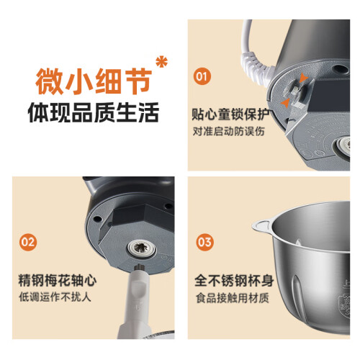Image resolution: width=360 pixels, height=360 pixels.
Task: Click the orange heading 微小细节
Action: (94, 81)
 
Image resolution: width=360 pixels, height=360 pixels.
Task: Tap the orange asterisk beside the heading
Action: (161, 62)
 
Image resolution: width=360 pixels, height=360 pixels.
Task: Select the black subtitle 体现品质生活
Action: (94, 112)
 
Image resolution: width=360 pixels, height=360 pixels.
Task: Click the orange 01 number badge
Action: (202, 76)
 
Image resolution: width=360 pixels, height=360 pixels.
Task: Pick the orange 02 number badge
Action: (28, 242)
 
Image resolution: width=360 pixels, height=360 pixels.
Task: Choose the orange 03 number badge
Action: (204, 242)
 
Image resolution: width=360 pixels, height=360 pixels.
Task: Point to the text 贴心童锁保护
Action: (232, 114)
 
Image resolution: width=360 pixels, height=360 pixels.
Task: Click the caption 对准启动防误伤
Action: (229, 131)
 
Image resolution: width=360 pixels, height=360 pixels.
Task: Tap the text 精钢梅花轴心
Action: (58, 280)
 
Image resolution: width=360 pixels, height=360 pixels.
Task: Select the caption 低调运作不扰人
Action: (55, 297)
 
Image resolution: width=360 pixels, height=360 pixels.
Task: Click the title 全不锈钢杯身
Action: (234, 280)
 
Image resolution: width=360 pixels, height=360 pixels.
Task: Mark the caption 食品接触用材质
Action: (233, 298)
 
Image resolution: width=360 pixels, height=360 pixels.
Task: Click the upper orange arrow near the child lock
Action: (303, 78)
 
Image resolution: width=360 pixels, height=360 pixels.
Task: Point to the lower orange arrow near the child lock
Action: (285, 103)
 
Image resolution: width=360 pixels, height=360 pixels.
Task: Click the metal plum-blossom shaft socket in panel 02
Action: (142, 248)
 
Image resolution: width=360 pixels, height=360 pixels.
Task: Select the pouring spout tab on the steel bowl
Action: (261, 226)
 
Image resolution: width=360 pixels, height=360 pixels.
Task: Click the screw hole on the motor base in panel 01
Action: (341, 69)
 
